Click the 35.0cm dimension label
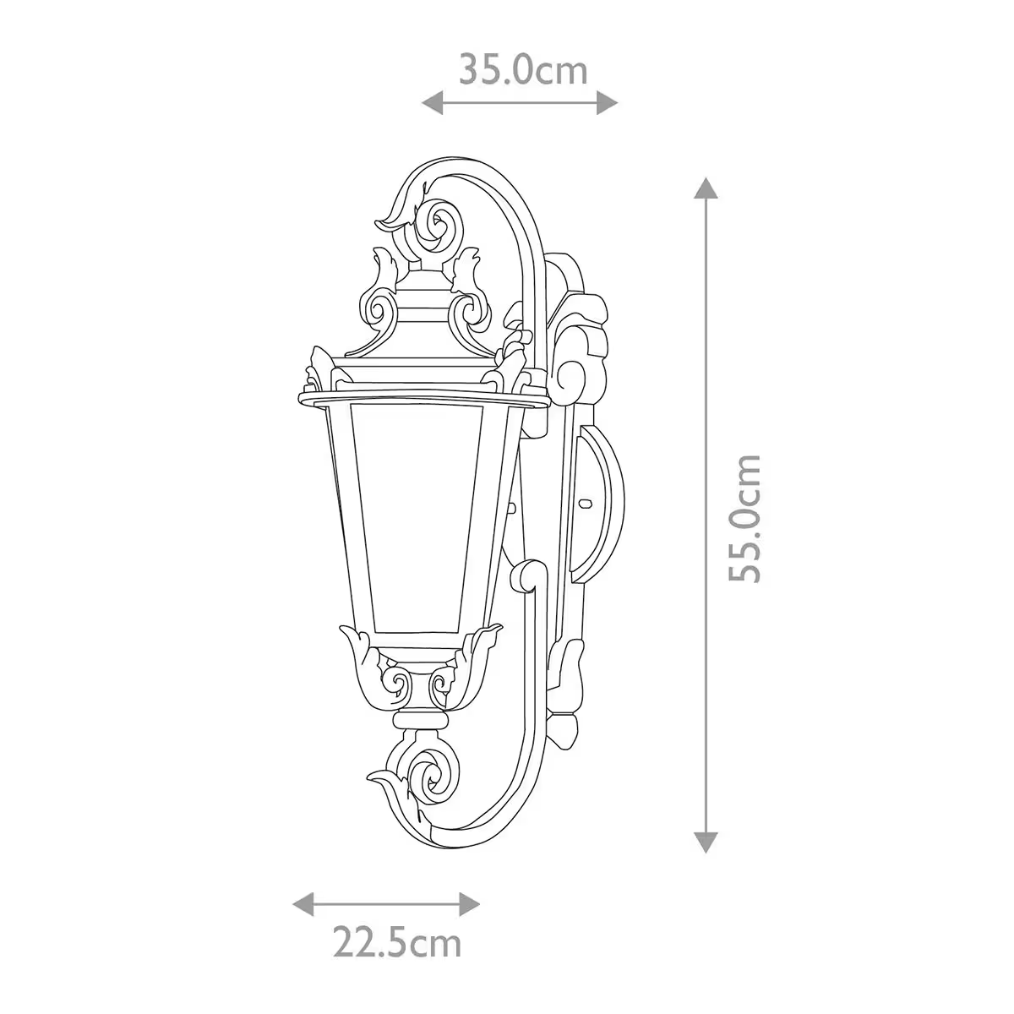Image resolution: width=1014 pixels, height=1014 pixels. pos(522,69)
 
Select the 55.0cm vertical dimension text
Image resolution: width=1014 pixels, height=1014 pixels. pos(746,518)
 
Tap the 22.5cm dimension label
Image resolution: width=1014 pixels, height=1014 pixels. pos(396,966)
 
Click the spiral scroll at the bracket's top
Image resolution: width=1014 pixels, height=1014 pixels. pos(439,223)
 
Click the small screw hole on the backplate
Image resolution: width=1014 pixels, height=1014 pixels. pos(584,504)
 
